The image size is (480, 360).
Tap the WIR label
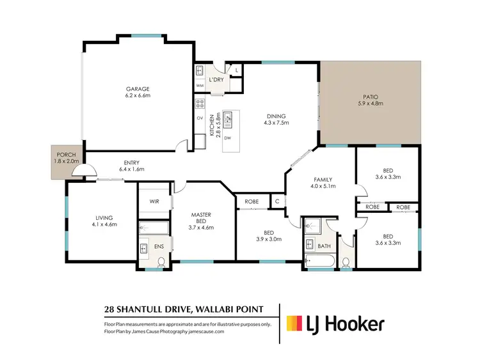point(154,201)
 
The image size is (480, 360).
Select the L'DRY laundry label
point(216,80)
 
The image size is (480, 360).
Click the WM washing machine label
point(200,86)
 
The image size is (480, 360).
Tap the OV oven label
point(200,118)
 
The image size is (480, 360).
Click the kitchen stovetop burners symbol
point(200,102)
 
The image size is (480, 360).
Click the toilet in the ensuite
point(161,260)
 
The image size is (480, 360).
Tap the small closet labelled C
point(277,201)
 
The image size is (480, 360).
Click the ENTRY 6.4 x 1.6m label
point(132,166)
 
